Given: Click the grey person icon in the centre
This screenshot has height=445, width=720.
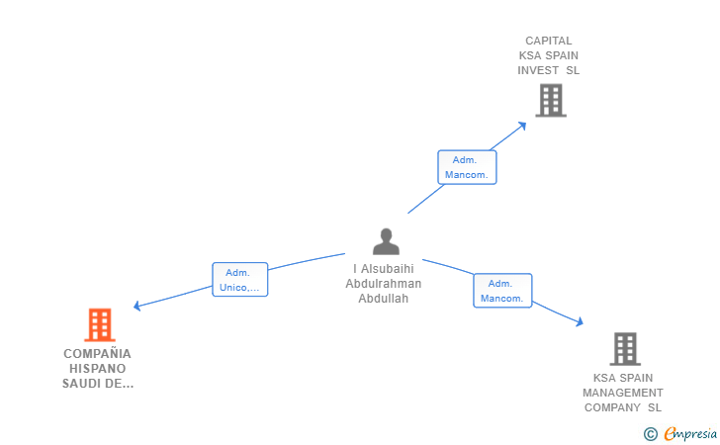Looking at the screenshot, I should [386, 241].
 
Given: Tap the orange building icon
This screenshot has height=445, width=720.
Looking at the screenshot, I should [99, 324].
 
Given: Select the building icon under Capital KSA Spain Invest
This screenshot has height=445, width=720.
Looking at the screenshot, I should [550, 100].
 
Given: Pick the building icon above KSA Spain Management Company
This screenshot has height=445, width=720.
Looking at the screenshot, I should [624, 348].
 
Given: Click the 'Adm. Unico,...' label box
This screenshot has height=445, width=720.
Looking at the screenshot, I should [240, 280].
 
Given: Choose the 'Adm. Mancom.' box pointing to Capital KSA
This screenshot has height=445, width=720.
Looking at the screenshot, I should [467, 167].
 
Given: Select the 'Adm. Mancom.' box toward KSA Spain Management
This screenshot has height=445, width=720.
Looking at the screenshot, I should [502, 291].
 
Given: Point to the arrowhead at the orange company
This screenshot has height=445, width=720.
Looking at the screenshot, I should [137, 307].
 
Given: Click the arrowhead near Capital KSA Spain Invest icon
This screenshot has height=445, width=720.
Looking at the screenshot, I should [523, 125].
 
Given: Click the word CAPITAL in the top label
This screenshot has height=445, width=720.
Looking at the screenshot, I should [549, 41].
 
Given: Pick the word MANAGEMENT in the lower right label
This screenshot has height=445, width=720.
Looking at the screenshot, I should [623, 393].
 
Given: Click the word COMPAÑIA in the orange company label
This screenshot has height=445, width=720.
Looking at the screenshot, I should [97, 353].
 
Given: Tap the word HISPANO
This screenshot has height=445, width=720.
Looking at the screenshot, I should [97, 368].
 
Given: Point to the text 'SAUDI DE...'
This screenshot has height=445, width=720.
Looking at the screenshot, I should [97, 383].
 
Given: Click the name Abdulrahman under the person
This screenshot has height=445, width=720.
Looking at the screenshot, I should [383, 284].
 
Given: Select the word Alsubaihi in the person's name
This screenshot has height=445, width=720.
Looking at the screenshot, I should [388, 269].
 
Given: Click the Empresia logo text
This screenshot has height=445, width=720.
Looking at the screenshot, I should [689, 433].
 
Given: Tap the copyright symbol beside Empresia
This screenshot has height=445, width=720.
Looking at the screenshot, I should [650, 433].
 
